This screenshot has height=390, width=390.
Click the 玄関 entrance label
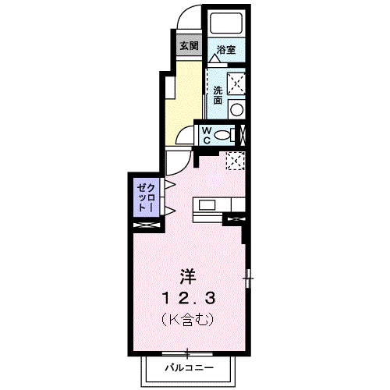pyautogui.click(x=188, y=45)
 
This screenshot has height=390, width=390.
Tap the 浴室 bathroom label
pyautogui.click(x=226, y=49)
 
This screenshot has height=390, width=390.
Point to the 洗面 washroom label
pyautogui.click(x=218, y=94)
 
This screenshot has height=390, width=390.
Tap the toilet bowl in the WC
pyautogui.click(x=225, y=134)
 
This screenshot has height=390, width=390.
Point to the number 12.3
pyautogui.click(x=187, y=297)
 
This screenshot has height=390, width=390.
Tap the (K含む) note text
pyautogui.click(x=187, y=319)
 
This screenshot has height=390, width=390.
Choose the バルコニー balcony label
pyautogui.click(x=187, y=366)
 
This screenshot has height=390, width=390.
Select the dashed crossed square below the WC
pyautogui.click(x=235, y=160)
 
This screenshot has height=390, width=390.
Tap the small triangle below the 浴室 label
pyautogui.click(x=214, y=58)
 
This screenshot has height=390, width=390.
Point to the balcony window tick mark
pyautogui.click(x=186, y=352)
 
